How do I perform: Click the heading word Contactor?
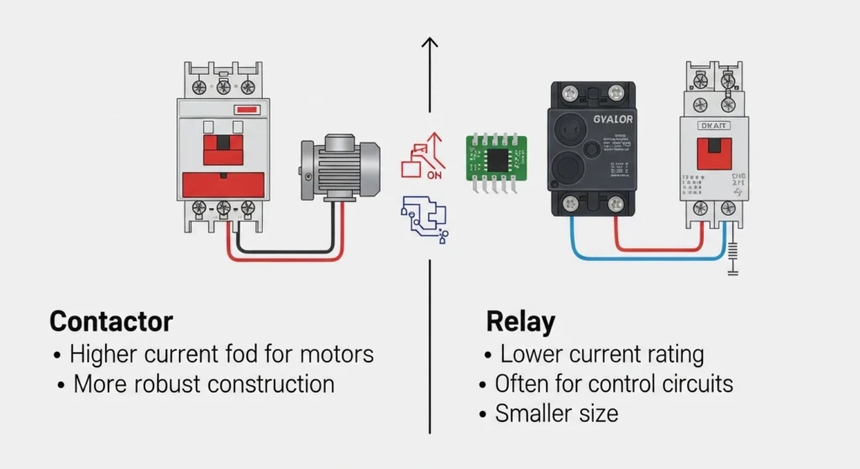coord(111,321)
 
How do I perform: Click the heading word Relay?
coord(521,321)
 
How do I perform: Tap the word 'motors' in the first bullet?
coord(333,354)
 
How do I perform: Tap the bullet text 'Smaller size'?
coord(556,414)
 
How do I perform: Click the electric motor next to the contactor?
coord(340,168)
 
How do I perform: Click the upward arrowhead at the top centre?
coord(430,43)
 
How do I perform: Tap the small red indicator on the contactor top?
coord(247,110)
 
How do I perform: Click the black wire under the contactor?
coord(286,249)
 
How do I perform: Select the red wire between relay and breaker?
coord(655,248)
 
